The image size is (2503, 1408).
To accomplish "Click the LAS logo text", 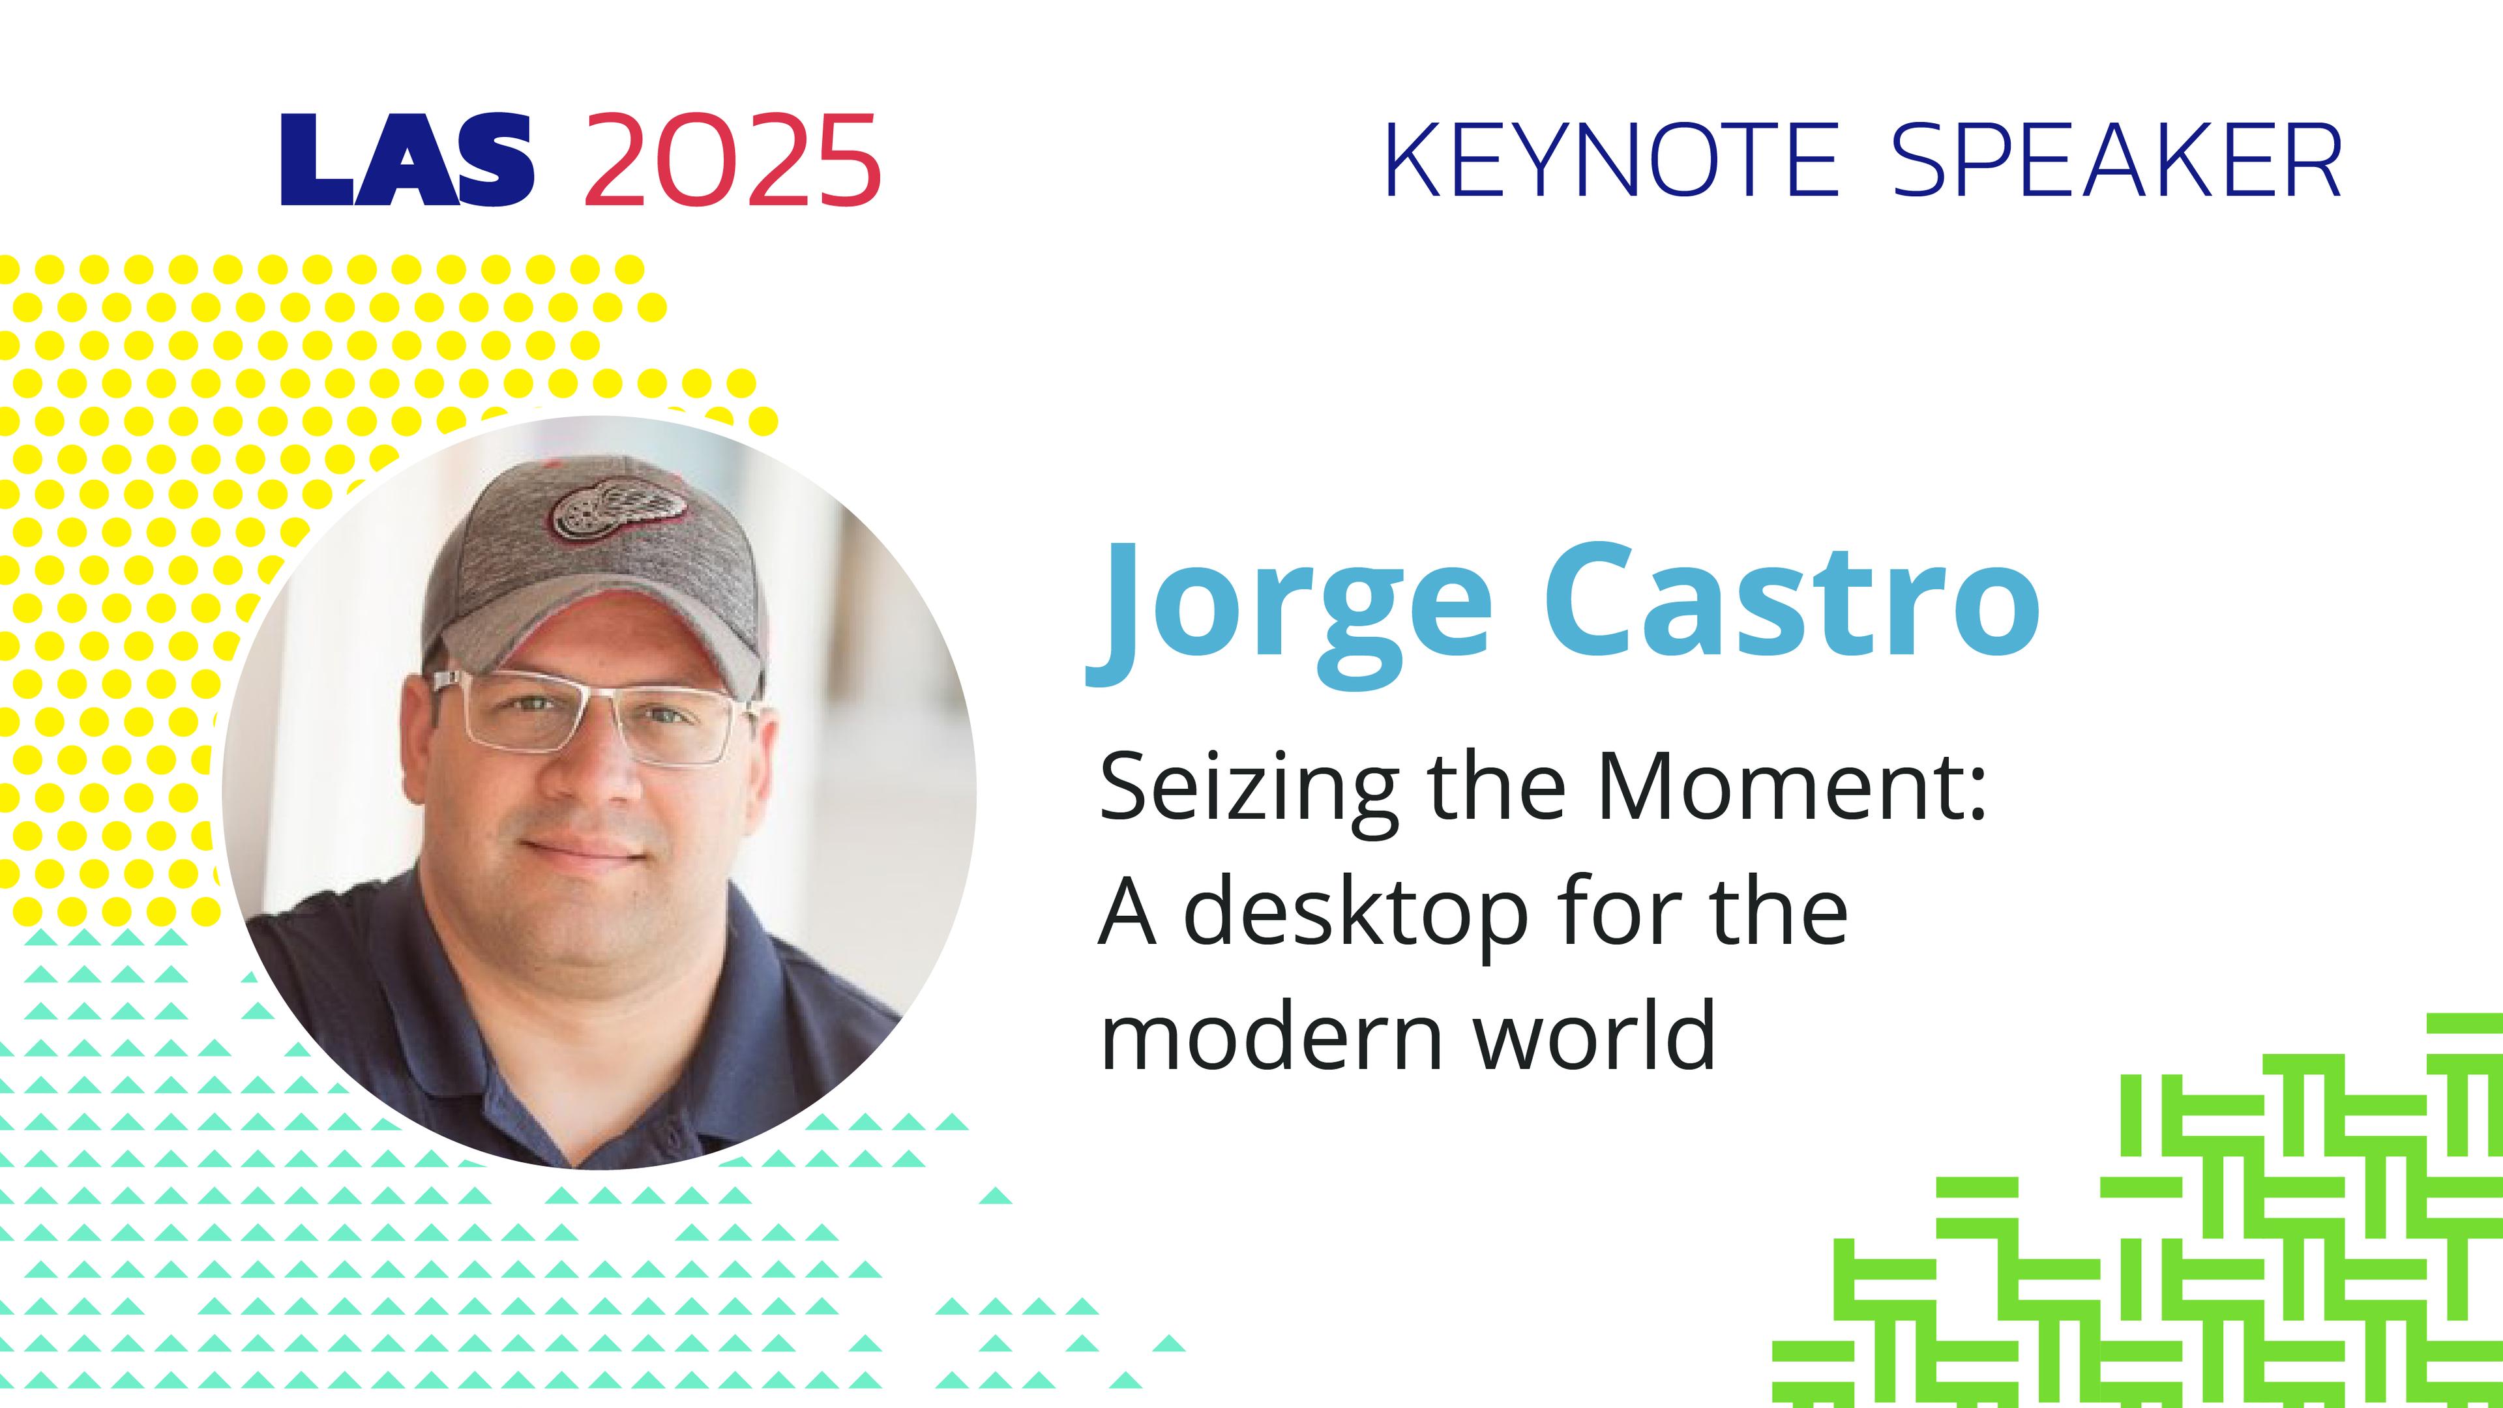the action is (x=407, y=160).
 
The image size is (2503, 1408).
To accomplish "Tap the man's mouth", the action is (x=580, y=847).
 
